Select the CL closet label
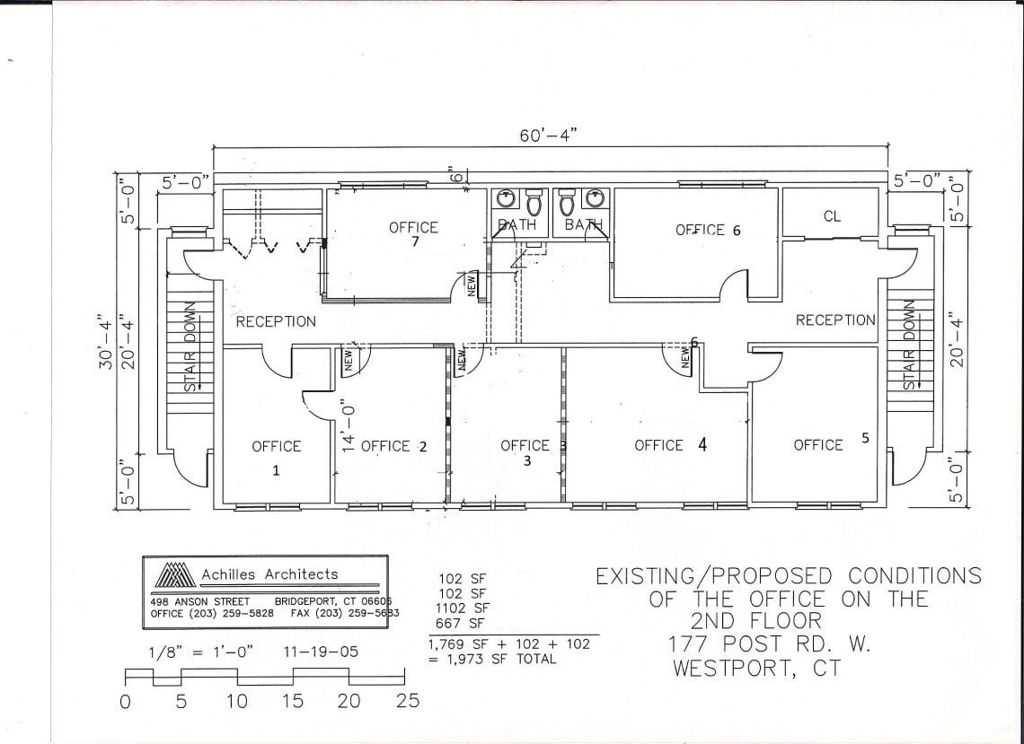[x=832, y=216]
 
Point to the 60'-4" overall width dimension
[x=548, y=135]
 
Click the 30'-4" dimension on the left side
[x=106, y=341]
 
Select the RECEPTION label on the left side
[x=276, y=321]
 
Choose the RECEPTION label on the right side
[x=835, y=319]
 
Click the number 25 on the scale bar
[x=408, y=701]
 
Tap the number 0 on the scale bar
[x=125, y=702]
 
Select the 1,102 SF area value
[x=463, y=608]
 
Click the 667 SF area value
[x=460, y=623]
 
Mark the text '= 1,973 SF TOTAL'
[x=492, y=660]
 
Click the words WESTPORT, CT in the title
[x=757, y=669]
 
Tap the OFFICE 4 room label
[x=670, y=444]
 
